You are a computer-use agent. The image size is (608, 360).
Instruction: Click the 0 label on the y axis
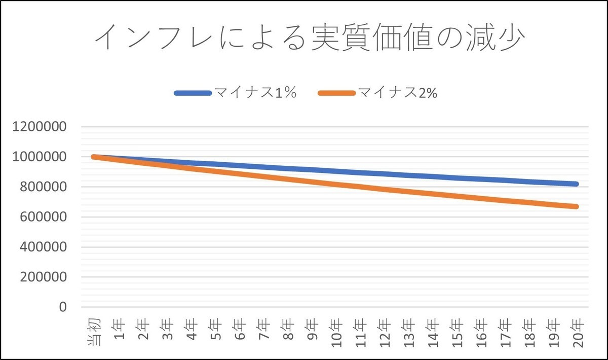coord(63,307)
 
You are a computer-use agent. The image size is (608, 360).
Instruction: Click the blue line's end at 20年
coord(576,184)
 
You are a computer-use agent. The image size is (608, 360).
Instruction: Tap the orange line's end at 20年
coord(576,206)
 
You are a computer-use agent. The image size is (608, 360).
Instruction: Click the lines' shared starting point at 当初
coord(94,157)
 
